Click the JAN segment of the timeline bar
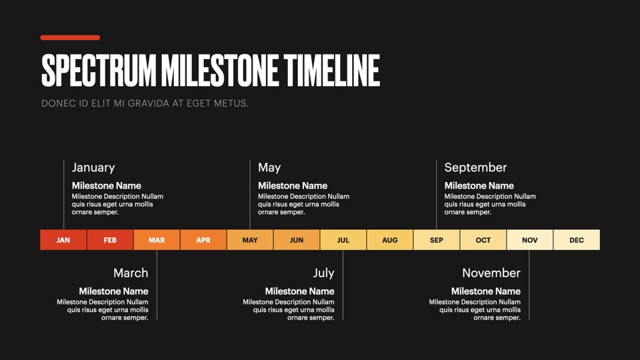pyautogui.click(x=63, y=239)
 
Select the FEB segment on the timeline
pyautogui.click(x=110, y=239)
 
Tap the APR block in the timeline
pyautogui.click(x=203, y=239)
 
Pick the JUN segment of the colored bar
pyautogui.click(x=297, y=239)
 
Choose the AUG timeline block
pyautogui.click(x=390, y=239)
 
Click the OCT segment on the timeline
pyautogui.click(x=483, y=239)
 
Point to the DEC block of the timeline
pyautogui.click(x=577, y=239)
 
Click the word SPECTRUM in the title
pyautogui.click(x=99, y=71)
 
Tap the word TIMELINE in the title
pyautogui.click(x=332, y=71)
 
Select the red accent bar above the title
pyautogui.click(x=70, y=37)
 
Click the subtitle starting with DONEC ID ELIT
pyautogui.click(x=145, y=103)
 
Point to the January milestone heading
pyautogui.click(x=93, y=167)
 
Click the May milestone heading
pyautogui.click(x=269, y=167)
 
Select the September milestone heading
pyautogui.click(x=475, y=167)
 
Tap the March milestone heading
pyautogui.click(x=131, y=273)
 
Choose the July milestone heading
pyautogui.click(x=324, y=273)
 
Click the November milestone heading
pyautogui.click(x=491, y=273)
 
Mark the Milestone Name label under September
pyautogui.click(x=479, y=186)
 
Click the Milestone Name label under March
pyautogui.click(x=113, y=291)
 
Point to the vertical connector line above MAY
pyautogui.click(x=250, y=195)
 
